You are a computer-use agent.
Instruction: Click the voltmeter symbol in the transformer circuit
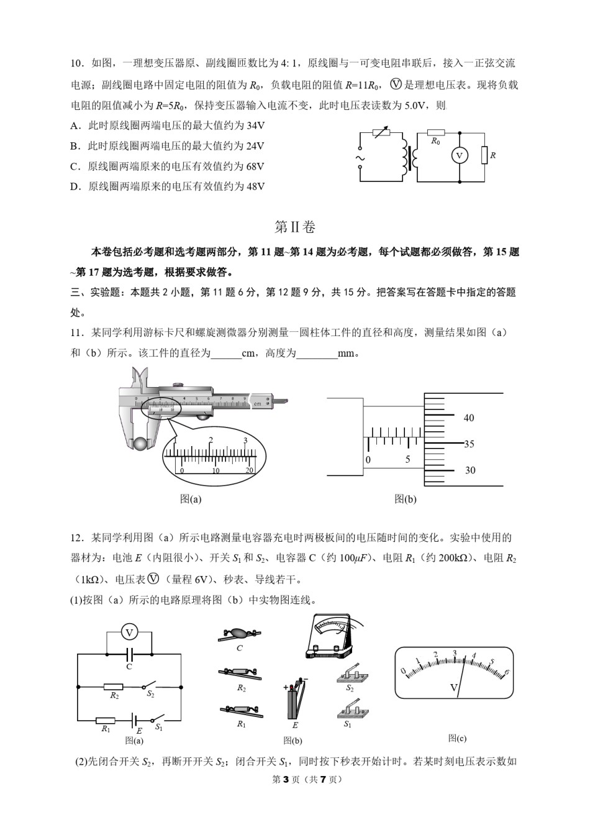point(459,155)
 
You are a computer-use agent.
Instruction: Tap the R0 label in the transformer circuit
point(435,142)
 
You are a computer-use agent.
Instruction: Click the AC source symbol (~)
point(359,158)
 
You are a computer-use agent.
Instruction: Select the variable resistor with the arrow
point(380,132)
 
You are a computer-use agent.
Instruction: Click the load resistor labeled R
point(484,155)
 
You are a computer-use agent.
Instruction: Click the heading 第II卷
point(295,227)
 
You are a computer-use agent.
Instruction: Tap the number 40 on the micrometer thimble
point(469,418)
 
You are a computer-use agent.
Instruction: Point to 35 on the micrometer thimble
point(469,444)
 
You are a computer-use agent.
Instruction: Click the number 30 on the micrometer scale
point(470,470)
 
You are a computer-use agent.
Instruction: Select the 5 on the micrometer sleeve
point(407,460)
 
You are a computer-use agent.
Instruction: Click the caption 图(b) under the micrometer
point(406,499)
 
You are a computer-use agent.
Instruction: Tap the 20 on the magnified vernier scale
point(250,470)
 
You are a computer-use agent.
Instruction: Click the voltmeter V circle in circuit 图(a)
point(129,632)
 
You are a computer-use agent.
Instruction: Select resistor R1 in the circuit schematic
point(106,721)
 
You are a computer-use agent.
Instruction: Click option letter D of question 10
point(75,186)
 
